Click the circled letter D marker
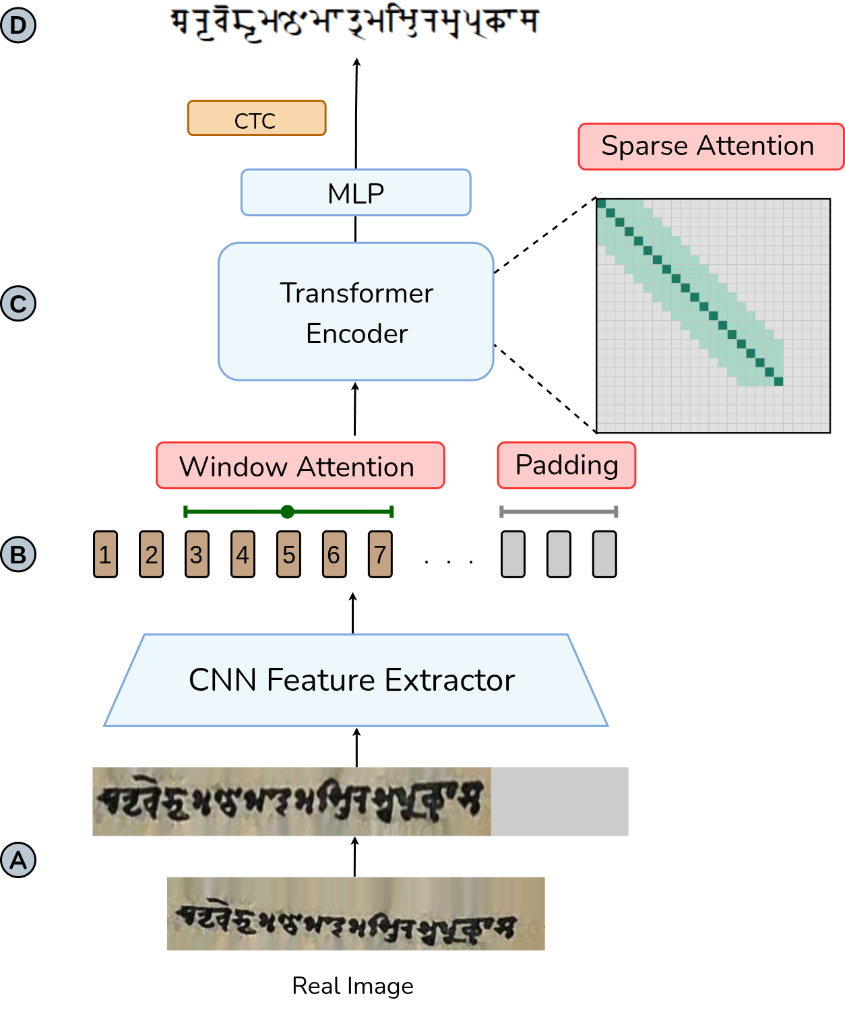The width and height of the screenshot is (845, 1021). click(18, 26)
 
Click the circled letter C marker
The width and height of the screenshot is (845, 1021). click(18, 304)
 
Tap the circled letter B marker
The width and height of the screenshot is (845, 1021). click(18, 555)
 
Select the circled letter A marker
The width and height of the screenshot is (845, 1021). click(18, 861)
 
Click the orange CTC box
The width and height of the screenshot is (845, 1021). click(257, 119)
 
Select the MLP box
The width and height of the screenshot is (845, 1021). click(356, 193)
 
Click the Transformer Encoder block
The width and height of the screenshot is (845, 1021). click(356, 312)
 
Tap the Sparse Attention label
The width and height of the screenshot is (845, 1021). click(710, 146)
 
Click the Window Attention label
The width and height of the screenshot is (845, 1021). click(300, 466)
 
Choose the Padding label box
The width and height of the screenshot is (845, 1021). click(567, 465)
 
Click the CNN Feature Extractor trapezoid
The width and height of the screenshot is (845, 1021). click(355, 680)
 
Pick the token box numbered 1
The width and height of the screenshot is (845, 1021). click(105, 555)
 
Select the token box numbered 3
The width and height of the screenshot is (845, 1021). click(197, 555)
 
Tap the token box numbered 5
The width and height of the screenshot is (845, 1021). click(288, 555)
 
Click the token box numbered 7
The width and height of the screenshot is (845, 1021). click(380, 555)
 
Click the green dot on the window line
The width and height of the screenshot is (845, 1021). click(288, 512)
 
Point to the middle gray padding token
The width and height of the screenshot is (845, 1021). click(559, 555)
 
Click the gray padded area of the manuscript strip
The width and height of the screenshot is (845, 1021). click(560, 802)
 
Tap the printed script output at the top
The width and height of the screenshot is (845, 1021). click(352, 23)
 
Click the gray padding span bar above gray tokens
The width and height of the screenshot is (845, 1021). click(559, 512)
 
